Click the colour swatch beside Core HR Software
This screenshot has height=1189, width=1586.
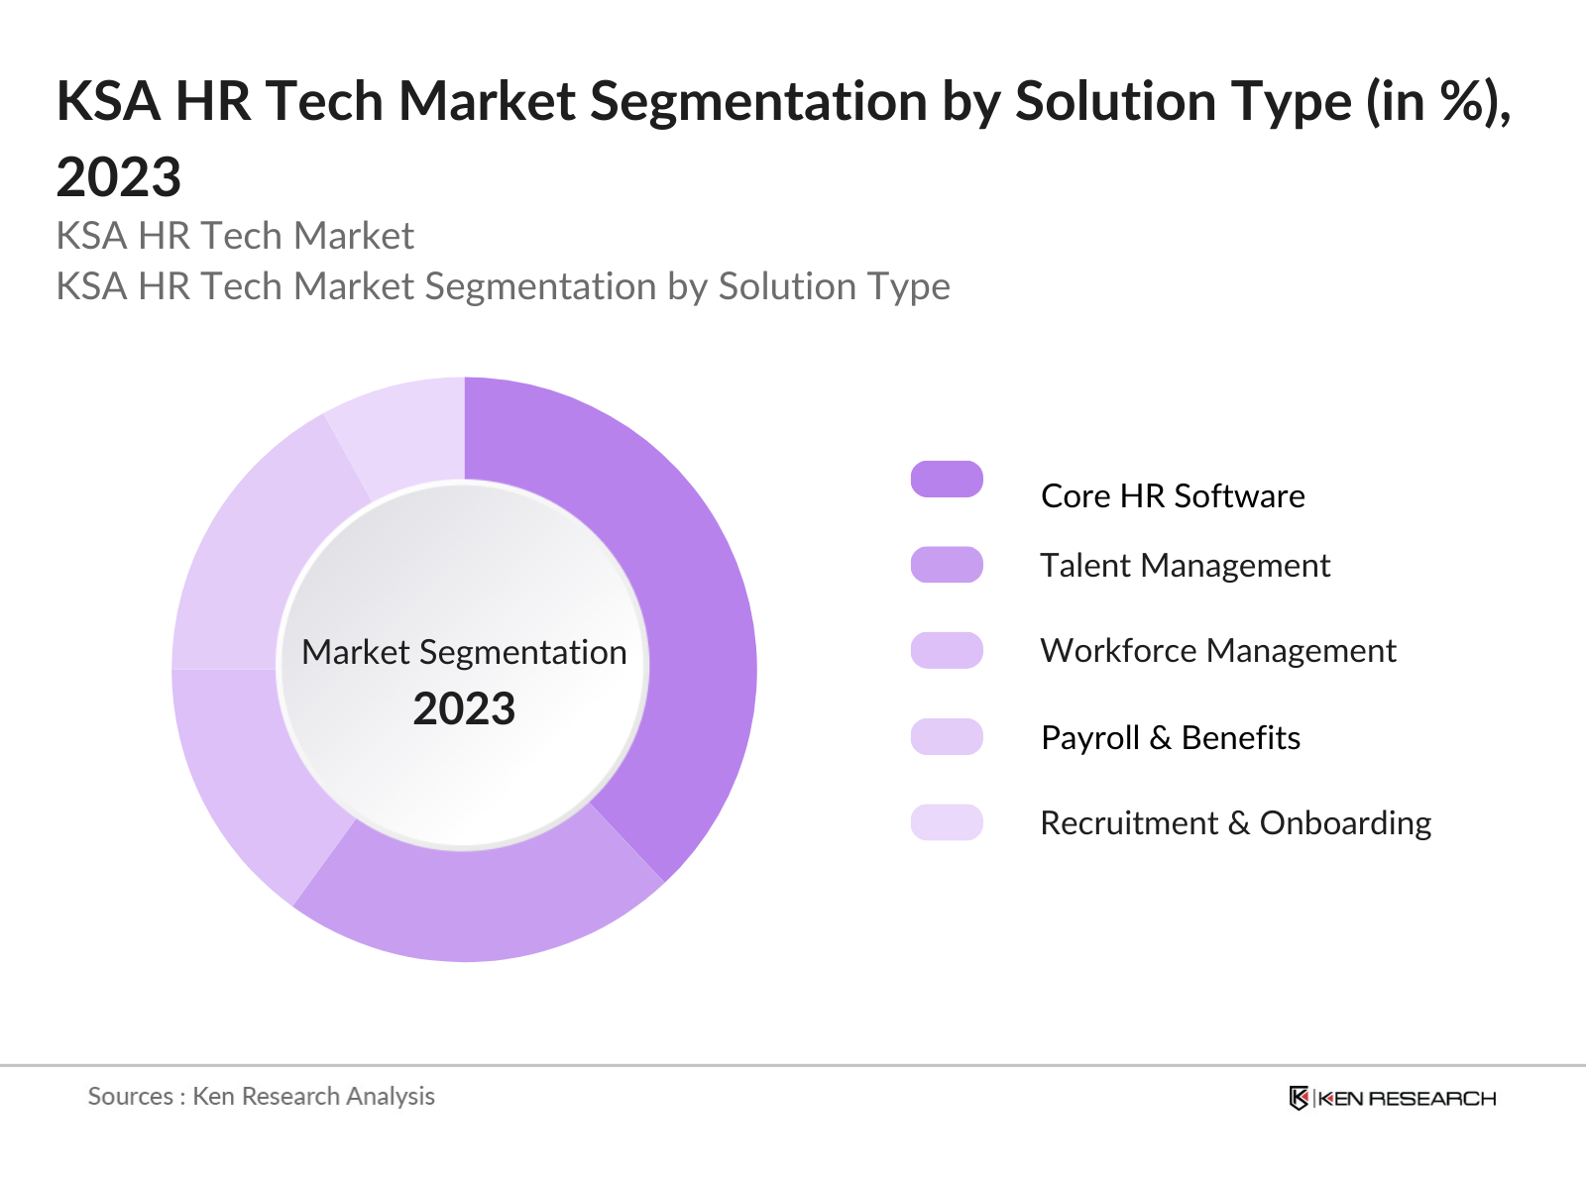click(947, 480)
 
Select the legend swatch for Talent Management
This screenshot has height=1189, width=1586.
click(947, 565)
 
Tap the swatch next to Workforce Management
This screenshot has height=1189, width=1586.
click(947, 650)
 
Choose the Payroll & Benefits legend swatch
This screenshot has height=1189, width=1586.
click(947, 736)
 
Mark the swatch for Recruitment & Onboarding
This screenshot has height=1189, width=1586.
click(947, 822)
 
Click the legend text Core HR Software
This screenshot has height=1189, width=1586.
click(1173, 495)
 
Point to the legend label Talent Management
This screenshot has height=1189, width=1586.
click(1185, 565)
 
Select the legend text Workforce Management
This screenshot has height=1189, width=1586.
click(1218, 650)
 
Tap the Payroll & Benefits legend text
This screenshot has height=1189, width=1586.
click(1171, 737)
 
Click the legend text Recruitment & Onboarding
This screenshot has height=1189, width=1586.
click(1236, 822)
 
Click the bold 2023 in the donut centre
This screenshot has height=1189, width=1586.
click(464, 709)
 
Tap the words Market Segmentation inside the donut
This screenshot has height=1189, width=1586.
click(464, 652)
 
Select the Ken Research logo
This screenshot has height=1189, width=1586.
click(1393, 1098)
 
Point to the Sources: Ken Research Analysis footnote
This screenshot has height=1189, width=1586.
click(262, 1096)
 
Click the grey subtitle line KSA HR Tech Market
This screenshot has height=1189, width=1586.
click(235, 236)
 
